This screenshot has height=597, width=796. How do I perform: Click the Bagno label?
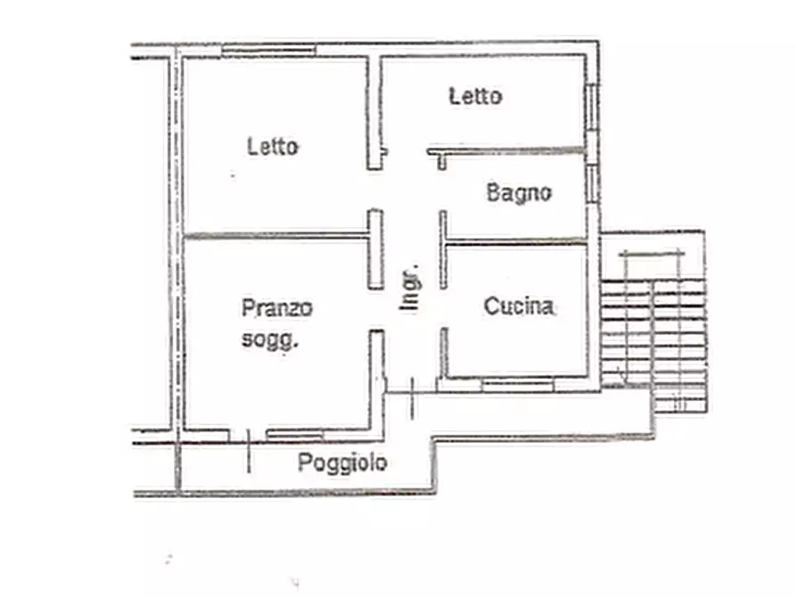[519, 192]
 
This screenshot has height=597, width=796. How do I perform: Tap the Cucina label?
[518, 307]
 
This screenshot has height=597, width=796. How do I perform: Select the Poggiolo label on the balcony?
[342, 463]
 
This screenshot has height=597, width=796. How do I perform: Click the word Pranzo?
[277, 308]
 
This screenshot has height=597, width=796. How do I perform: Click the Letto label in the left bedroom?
[273, 146]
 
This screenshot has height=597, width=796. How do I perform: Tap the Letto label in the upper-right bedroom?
[475, 95]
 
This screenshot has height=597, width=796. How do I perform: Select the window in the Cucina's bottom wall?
[517, 384]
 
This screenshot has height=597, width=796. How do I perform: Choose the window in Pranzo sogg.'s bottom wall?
[295, 435]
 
